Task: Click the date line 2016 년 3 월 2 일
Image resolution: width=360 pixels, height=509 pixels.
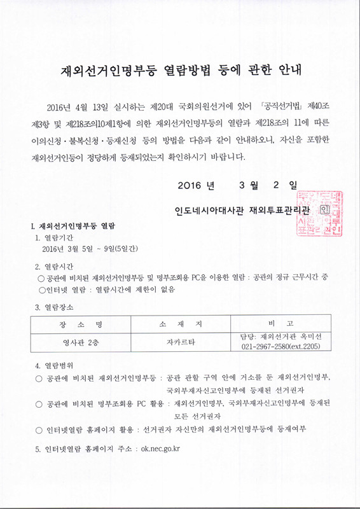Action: point(237,185)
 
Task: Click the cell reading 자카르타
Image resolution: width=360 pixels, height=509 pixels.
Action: point(181,342)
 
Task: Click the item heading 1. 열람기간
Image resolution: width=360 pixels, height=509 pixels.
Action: point(55,237)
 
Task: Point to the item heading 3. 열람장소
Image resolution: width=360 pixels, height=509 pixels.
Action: point(55,307)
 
